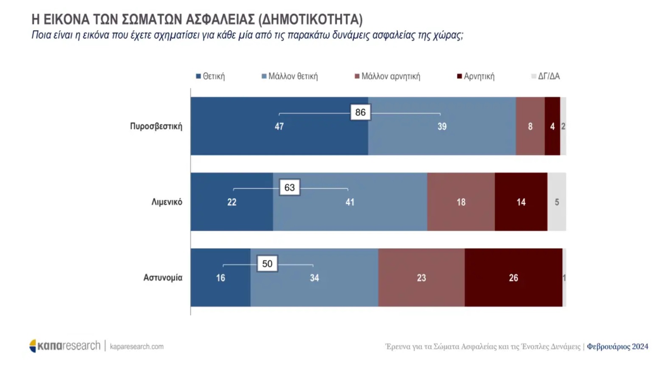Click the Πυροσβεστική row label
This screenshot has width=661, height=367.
(156, 126)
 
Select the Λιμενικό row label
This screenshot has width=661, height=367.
(167, 202)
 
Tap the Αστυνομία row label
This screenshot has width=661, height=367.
(163, 278)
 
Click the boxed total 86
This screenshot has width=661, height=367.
(360, 112)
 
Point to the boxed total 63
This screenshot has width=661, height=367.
(290, 188)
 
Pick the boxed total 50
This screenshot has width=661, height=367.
(267, 263)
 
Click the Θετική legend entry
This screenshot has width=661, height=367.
(210, 76)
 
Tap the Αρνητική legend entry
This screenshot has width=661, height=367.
(476, 76)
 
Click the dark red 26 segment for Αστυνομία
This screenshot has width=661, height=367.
(513, 278)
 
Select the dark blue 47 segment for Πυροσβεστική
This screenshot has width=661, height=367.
(279, 126)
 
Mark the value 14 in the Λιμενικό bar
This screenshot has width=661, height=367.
(521, 202)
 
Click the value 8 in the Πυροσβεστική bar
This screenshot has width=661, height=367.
(530, 126)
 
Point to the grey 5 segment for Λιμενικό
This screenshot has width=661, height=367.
(557, 202)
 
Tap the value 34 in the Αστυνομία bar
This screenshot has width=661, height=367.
(314, 278)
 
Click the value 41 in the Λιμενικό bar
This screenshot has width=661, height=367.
(350, 202)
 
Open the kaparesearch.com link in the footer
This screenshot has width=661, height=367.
(137, 347)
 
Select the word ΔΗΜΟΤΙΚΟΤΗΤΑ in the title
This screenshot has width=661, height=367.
(310, 20)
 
